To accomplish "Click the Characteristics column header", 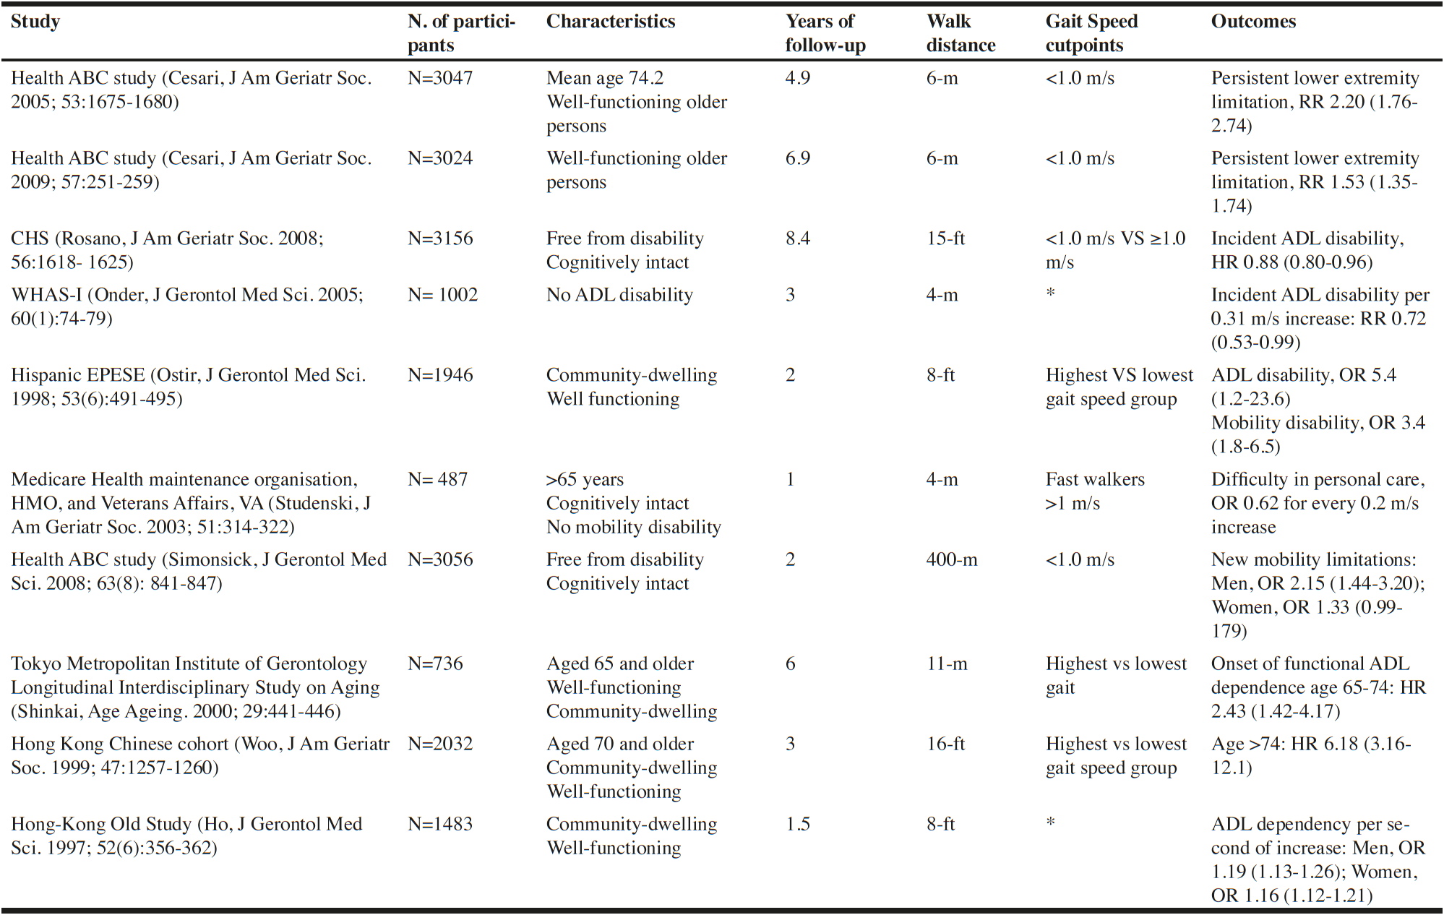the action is pyautogui.click(x=611, y=22).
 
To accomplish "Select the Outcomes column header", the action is pyautogui.click(x=1253, y=22).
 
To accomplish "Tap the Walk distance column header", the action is pyautogui.click(x=960, y=33).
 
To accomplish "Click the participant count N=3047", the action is pyautogui.click(x=440, y=78).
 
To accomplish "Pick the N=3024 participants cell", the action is pyautogui.click(x=440, y=158).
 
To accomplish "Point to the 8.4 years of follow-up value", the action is pyautogui.click(x=798, y=239).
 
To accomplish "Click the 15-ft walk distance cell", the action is pyautogui.click(x=946, y=239).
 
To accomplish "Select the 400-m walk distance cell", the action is pyautogui.click(x=952, y=559).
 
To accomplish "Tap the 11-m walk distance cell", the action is pyautogui.click(x=947, y=663).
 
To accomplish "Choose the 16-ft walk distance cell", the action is pyautogui.click(x=946, y=744).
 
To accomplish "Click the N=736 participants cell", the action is pyautogui.click(x=435, y=663).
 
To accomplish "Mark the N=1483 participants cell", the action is pyautogui.click(x=440, y=824).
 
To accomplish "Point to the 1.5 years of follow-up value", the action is pyautogui.click(x=798, y=824).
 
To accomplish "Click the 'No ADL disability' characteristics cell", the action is pyautogui.click(x=619, y=295).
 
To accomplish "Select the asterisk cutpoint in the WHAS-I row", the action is pyautogui.click(x=1051, y=293).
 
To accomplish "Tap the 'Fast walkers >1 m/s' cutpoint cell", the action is pyautogui.click(x=1095, y=491).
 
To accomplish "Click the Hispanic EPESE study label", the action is pyautogui.click(x=189, y=387).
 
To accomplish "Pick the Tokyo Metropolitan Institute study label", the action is pyautogui.click(x=195, y=687).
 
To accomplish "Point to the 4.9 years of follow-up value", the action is pyautogui.click(x=798, y=78).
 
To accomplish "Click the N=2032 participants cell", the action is pyautogui.click(x=440, y=744).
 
